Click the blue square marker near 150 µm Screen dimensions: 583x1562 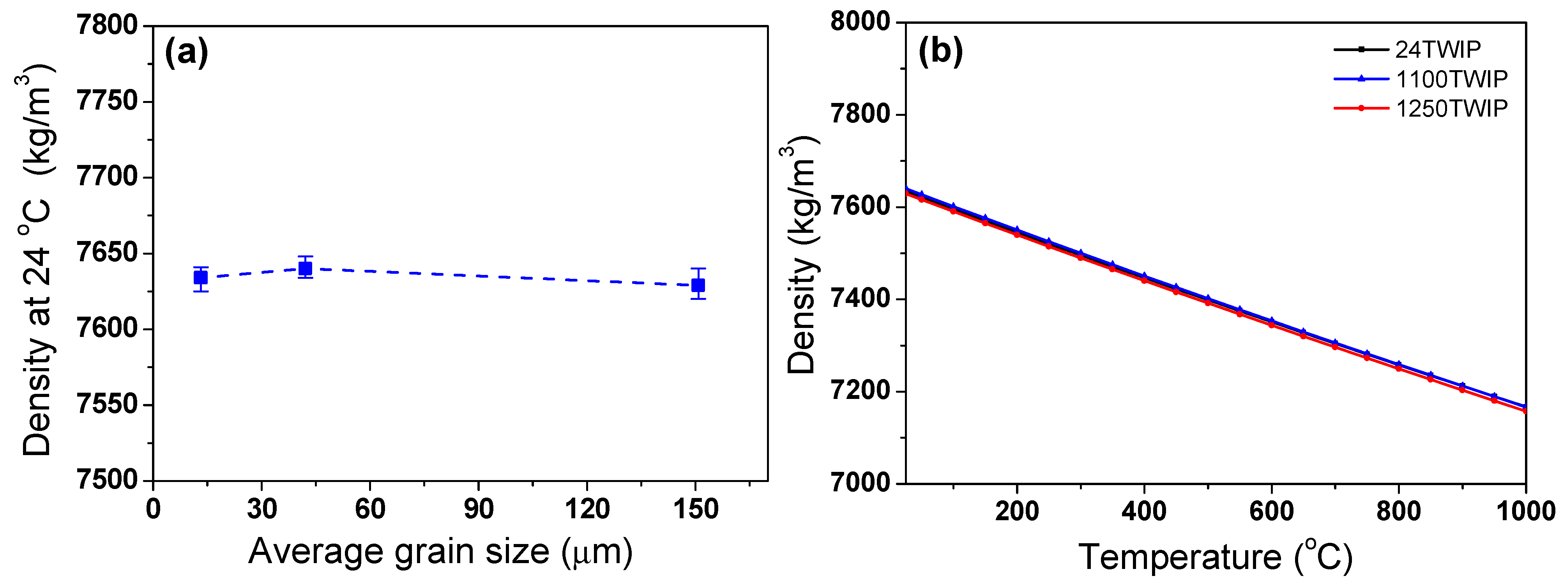(698, 285)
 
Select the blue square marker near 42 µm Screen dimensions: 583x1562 (306, 268)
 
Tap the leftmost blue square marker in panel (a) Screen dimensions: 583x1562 (201, 277)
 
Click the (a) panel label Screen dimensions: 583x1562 (186, 53)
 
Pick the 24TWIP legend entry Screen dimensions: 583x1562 (1437, 49)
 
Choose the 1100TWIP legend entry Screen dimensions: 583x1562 (1451, 79)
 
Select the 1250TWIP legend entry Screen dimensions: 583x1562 (1451, 108)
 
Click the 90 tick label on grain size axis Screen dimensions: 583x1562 (479, 509)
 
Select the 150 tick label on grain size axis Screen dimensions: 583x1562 (696, 509)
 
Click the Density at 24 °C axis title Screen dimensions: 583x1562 (37, 261)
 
